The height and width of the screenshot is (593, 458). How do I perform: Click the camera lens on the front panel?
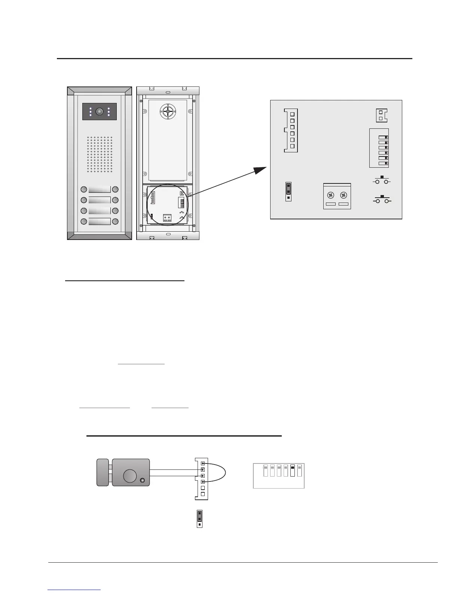pyautogui.click(x=100, y=112)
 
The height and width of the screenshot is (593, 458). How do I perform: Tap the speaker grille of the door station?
pyautogui.click(x=100, y=154)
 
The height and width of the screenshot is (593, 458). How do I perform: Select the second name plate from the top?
pyautogui.click(x=100, y=200)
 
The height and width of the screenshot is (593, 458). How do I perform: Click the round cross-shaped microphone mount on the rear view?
pyautogui.click(x=168, y=112)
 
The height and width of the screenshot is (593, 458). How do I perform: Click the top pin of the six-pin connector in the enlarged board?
pyautogui.click(x=292, y=114)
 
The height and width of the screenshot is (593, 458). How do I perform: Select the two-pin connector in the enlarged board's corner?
pyautogui.click(x=381, y=115)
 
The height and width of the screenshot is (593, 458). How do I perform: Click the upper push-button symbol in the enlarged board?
pyautogui.click(x=382, y=180)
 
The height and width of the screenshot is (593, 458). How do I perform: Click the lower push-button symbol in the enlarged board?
pyautogui.click(x=382, y=200)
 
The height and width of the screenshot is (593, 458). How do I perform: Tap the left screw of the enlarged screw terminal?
pyautogui.click(x=331, y=195)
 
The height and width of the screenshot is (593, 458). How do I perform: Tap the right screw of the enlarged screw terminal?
pyautogui.click(x=343, y=195)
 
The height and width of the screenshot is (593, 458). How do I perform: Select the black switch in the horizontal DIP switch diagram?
pyautogui.click(x=293, y=471)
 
